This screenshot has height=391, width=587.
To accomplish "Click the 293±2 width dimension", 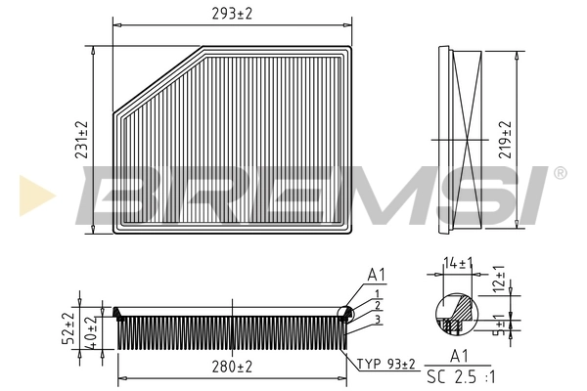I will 231,12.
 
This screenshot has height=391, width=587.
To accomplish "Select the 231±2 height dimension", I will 82,140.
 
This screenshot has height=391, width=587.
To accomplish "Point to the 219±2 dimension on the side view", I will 505,140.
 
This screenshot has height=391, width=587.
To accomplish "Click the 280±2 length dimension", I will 231,367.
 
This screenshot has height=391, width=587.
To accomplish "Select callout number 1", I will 376,294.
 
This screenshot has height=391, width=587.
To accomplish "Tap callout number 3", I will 376,320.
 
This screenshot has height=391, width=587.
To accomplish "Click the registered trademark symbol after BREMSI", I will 560,173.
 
